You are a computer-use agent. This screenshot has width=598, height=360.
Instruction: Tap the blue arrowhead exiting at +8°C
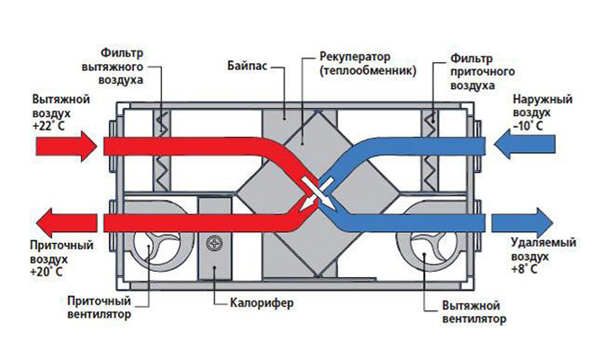tap(544, 221)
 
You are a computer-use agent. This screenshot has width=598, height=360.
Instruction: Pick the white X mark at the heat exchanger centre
tap(311, 192)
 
